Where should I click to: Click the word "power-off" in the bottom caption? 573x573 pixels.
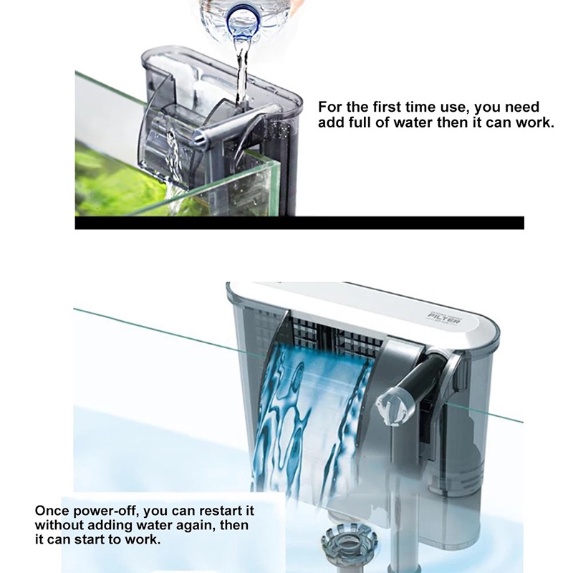[100, 511]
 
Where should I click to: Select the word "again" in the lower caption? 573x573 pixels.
[189, 525]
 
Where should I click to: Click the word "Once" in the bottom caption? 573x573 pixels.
[52, 511]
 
